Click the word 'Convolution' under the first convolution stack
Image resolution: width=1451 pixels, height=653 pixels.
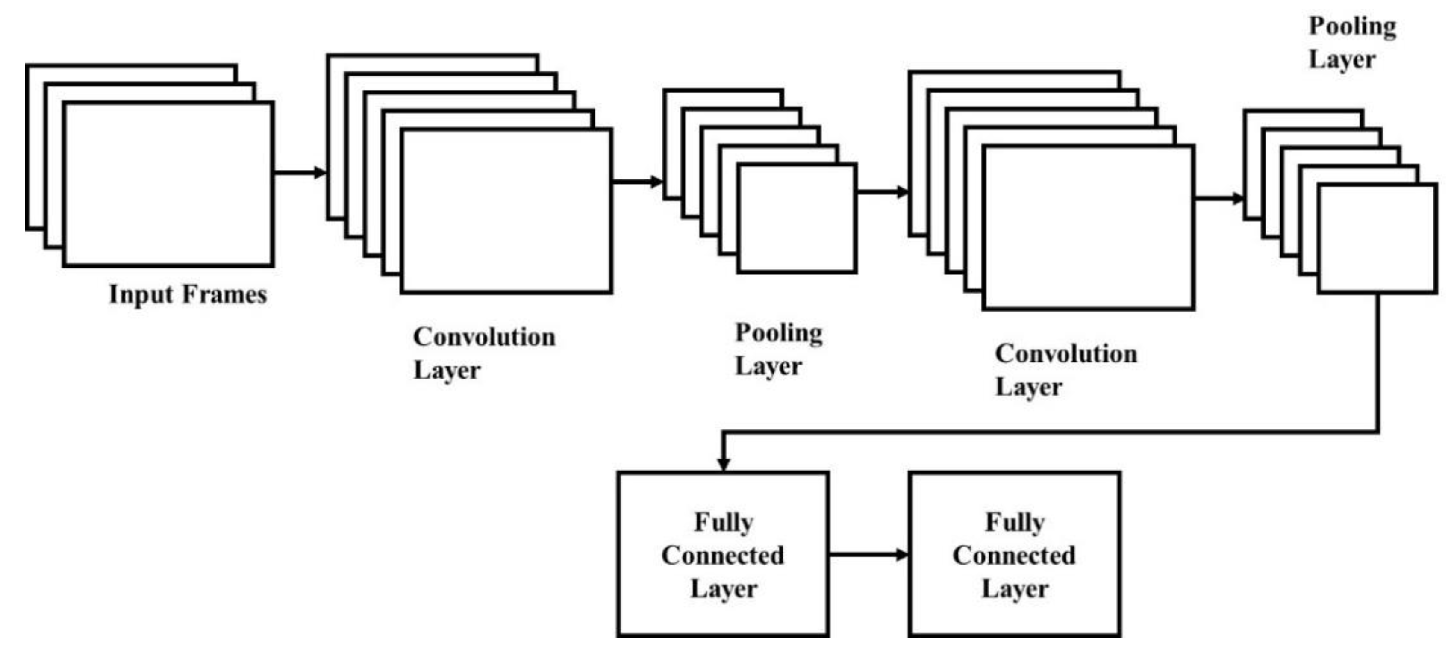484,337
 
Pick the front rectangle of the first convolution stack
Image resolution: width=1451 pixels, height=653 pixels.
506,211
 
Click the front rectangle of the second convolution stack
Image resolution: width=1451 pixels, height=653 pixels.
1088,228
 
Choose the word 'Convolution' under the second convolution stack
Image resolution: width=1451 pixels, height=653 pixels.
1066,354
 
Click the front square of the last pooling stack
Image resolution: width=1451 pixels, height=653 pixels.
1377,238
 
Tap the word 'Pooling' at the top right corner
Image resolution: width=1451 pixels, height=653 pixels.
1352,26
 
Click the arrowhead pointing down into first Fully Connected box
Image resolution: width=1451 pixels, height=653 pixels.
724,463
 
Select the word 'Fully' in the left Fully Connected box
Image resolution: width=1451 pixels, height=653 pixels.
723,522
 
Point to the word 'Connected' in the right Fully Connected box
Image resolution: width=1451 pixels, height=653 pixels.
1014,556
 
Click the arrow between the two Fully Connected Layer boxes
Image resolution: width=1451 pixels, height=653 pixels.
868,555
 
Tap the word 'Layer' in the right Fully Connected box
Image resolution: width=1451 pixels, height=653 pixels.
1015,589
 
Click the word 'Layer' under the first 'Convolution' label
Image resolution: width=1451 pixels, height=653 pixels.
447,371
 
